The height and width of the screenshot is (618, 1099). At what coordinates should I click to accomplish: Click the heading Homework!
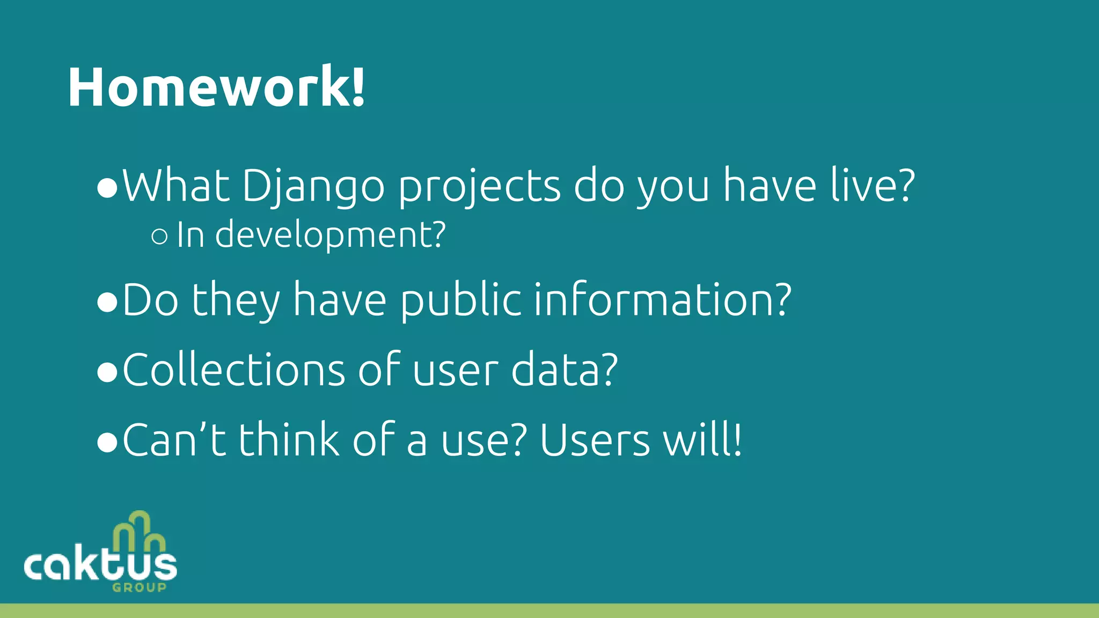click(216, 87)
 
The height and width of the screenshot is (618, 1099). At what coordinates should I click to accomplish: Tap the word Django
click(313, 187)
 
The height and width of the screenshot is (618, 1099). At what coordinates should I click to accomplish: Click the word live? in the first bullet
click(872, 185)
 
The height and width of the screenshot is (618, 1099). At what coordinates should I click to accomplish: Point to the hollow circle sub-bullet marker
click(159, 236)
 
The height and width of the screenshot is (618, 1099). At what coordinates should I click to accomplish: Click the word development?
click(330, 235)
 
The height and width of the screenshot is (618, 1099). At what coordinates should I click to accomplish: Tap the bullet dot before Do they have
click(107, 303)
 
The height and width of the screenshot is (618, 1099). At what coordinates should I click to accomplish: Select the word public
click(460, 300)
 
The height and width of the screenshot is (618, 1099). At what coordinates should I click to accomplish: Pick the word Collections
click(234, 370)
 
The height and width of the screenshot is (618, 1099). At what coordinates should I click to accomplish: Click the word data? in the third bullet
click(564, 370)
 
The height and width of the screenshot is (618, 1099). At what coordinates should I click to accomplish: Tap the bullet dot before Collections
click(107, 373)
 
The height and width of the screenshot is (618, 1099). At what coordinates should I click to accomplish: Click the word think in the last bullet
click(289, 440)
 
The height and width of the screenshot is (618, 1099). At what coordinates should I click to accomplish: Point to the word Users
click(595, 440)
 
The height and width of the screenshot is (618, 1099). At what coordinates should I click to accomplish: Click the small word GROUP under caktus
click(139, 587)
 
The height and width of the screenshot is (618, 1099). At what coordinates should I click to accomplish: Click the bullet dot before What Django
click(107, 189)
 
